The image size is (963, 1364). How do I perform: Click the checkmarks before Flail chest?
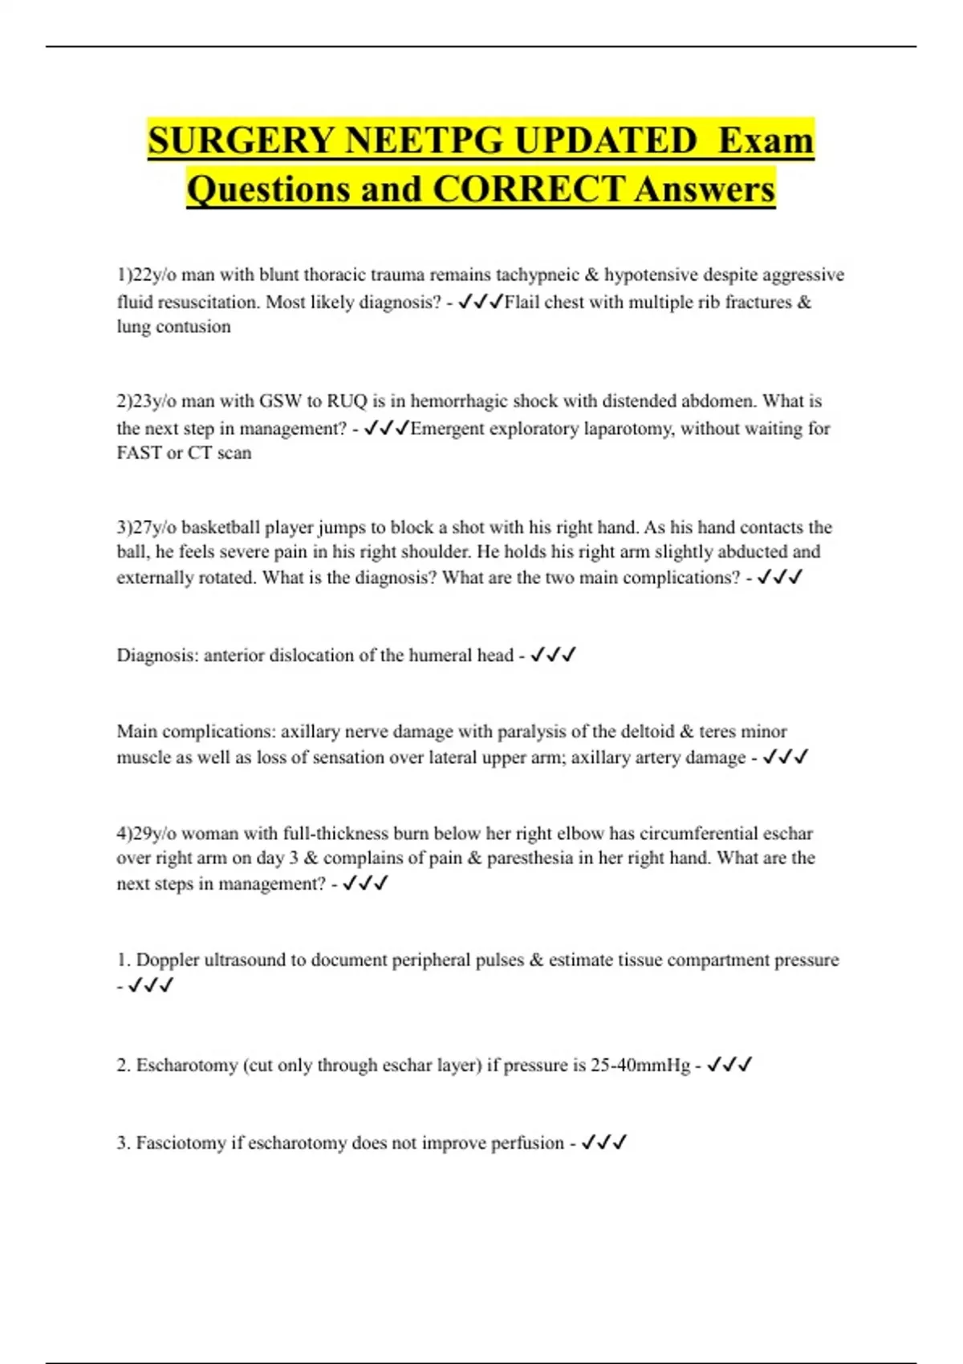coord(481,302)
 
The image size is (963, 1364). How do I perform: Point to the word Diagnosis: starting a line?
coord(157,656)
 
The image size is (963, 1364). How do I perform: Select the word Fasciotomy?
coord(181,1143)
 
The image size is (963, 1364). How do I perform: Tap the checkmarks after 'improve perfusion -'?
coord(603,1143)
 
